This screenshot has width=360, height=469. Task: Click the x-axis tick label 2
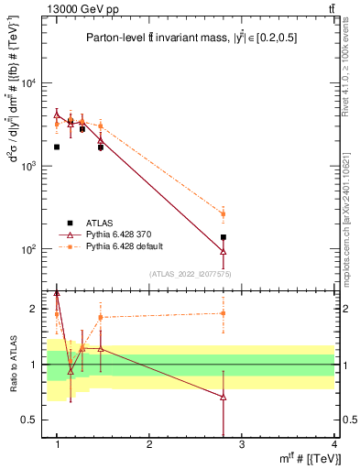[149, 444]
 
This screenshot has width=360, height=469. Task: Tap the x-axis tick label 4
[333, 444]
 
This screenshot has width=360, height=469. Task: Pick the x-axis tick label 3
[242, 444]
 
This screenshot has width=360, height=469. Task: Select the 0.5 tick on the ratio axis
[33, 420]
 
